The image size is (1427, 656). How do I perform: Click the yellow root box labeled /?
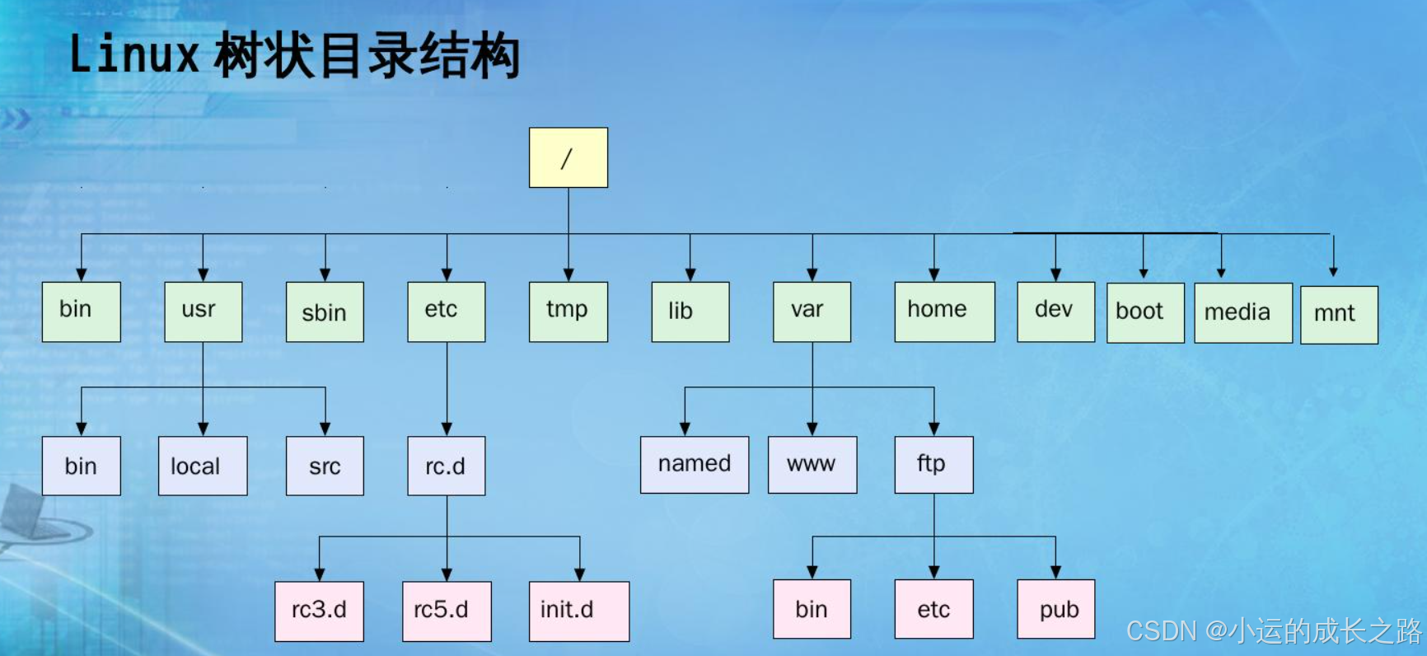(x=568, y=157)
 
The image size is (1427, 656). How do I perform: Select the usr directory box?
(x=204, y=312)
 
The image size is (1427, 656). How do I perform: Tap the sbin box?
(x=325, y=312)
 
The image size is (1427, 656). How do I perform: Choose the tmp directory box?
(x=568, y=312)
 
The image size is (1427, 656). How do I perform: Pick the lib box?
(x=690, y=312)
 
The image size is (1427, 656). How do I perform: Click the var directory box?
(x=812, y=312)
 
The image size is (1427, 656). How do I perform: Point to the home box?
(x=944, y=312)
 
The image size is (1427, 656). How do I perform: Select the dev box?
(x=1055, y=312)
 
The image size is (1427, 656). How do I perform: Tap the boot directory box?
(x=1145, y=312)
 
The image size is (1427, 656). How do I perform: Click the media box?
(x=1243, y=312)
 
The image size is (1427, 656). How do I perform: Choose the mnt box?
(x=1339, y=315)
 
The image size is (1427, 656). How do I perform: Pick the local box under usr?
(x=203, y=466)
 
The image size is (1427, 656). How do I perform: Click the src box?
(x=325, y=466)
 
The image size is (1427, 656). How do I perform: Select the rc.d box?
(x=447, y=466)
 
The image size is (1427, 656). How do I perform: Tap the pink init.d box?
(x=579, y=611)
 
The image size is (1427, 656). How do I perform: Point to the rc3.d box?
(x=319, y=611)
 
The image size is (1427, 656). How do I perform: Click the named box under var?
(x=695, y=465)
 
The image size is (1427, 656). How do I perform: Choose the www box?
(x=812, y=465)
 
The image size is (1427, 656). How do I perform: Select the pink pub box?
(x=1055, y=609)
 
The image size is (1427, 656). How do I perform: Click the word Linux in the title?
(x=134, y=55)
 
